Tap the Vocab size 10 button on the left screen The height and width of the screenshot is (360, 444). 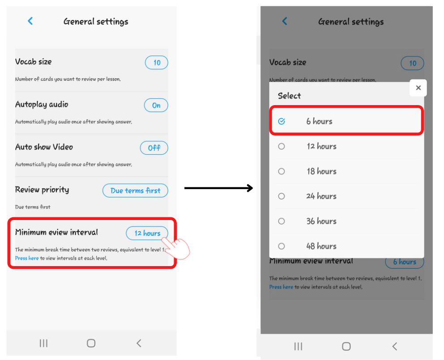pyautogui.click(x=156, y=63)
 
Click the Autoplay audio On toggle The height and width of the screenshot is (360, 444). pyautogui.click(x=156, y=105)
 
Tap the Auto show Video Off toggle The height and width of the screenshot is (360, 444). pyautogui.click(x=154, y=148)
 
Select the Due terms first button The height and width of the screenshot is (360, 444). pyautogui.click(x=135, y=191)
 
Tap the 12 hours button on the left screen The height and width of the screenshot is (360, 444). pyautogui.click(x=147, y=233)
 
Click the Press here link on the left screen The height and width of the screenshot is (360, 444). pyautogui.click(x=26, y=258)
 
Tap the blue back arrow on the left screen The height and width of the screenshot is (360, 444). pyautogui.click(x=30, y=21)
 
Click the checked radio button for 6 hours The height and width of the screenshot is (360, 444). pyautogui.click(x=282, y=121)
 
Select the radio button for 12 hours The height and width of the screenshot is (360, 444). pyautogui.click(x=282, y=146)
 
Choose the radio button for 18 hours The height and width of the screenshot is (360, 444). pyautogui.click(x=282, y=171)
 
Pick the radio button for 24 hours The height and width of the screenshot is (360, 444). pyautogui.click(x=282, y=196)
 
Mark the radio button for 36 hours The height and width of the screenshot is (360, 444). pyautogui.click(x=282, y=221)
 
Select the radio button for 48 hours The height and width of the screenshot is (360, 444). pyautogui.click(x=282, y=246)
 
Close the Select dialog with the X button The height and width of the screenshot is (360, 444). pyautogui.click(x=418, y=88)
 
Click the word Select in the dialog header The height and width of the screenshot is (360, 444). pyautogui.click(x=289, y=96)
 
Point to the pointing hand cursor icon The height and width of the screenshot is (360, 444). pyautogui.click(x=176, y=247)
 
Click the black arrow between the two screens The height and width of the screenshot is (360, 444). pyautogui.click(x=218, y=188)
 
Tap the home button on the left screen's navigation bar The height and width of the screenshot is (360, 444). pyautogui.click(x=91, y=343)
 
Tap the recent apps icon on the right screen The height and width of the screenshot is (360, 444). pyautogui.click(x=298, y=347)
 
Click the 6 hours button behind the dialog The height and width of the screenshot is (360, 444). pyautogui.click(x=405, y=262)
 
